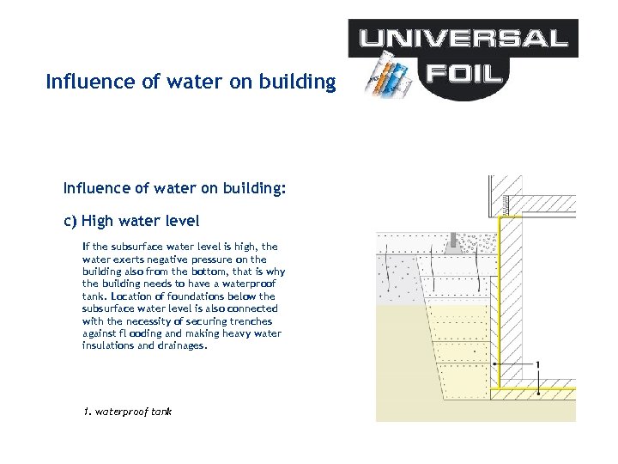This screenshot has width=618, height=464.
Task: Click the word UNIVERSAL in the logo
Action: click(463, 38)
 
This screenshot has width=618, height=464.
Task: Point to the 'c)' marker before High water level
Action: click(70, 221)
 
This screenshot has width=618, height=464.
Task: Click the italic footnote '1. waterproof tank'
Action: click(127, 412)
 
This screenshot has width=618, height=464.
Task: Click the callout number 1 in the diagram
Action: click(537, 364)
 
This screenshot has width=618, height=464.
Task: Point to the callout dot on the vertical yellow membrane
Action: click(495, 364)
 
